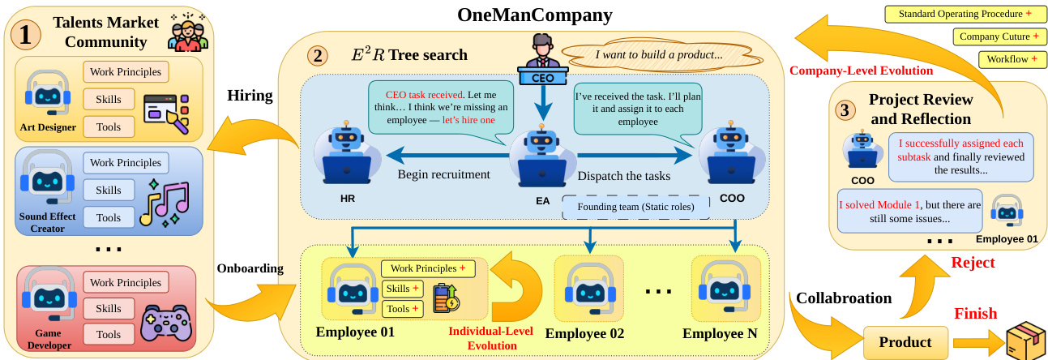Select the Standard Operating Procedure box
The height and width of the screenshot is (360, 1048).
click(965, 15)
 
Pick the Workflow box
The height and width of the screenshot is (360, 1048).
click(1012, 59)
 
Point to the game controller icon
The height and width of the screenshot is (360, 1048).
click(165, 321)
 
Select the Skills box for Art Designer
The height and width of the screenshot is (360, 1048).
click(109, 99)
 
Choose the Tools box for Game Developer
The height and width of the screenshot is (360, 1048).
click(109, 334)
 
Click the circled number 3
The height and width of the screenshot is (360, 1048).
click(845, 109)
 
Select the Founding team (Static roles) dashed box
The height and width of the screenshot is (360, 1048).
click(635, 206)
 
